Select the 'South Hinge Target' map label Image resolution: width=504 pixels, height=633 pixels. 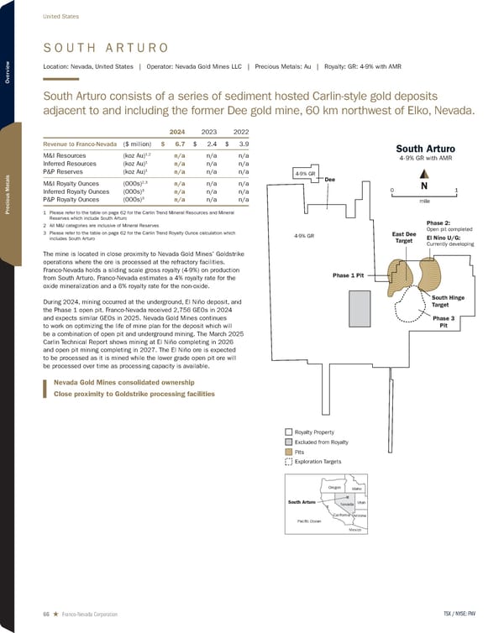(x=444, y=301)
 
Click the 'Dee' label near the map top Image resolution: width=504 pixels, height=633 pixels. (x=329, y=180)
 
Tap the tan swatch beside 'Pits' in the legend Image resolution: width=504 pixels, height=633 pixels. (x=289, y=451)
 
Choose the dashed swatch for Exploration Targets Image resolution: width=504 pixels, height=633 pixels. (x=289, y=462)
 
